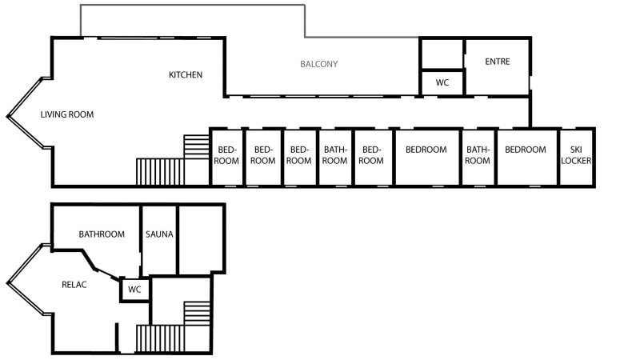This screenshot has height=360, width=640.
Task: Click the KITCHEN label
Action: click(186, 74)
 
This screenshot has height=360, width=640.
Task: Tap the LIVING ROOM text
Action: click(67, 114)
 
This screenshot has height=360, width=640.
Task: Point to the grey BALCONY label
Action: click(318, 64)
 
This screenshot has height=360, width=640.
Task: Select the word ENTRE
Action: click(497, 62)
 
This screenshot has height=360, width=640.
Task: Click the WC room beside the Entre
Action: click(442, 83)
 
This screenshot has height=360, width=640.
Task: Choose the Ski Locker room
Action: click(576, 157)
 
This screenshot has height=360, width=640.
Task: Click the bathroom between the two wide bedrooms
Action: click(478, 157)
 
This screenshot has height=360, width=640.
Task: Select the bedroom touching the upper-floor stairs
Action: click(227, 157)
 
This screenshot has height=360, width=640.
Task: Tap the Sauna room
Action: click(159, 240)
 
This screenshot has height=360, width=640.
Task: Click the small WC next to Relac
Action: click(134, 290)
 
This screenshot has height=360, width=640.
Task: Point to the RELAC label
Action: click(74, 285)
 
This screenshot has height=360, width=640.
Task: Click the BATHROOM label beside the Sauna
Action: click(102, 234)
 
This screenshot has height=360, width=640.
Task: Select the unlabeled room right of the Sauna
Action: click(202, 239)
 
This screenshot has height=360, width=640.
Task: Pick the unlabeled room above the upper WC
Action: click(442, 54)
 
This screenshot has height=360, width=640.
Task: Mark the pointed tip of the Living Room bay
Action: click(7, 117)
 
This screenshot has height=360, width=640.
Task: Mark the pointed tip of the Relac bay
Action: click(7, 283)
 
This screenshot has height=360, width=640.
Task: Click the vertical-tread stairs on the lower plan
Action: click(160, 338)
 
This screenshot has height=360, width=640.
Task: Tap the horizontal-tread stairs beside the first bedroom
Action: click(196, 147)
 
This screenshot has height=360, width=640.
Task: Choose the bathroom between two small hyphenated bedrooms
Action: click(335, 157)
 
